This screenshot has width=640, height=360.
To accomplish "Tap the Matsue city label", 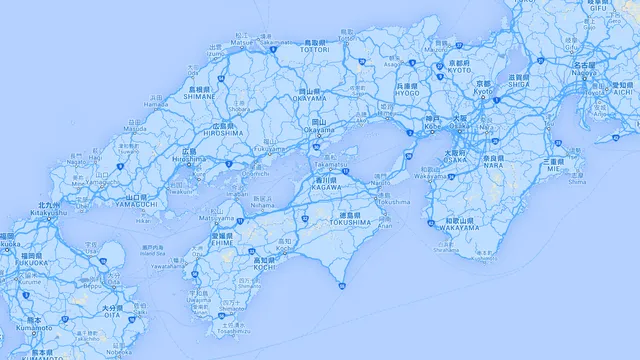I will [240, 43].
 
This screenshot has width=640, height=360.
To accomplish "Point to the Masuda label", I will [134, 128].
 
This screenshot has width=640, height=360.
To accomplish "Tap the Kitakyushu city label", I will [49, 212].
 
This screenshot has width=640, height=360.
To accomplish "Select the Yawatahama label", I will [166, 267].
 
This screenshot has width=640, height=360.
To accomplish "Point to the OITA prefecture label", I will [111, 314].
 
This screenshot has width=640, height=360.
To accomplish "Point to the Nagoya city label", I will [584, 72].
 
